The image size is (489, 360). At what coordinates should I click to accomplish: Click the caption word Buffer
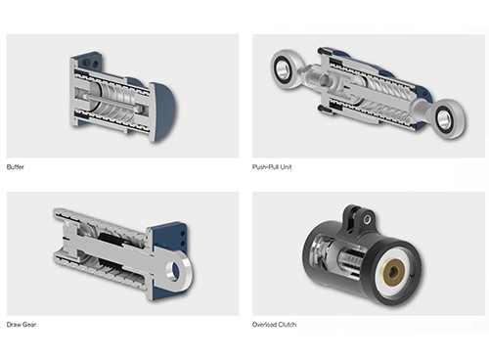click(x=15, y=167)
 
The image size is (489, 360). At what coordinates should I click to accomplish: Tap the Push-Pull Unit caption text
click(x=272, y=167)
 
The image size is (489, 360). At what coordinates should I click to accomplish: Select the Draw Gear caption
click(x=21, y=324)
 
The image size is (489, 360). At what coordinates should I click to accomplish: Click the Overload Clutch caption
click(x=275, y=324)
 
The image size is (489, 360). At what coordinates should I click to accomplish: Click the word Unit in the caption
click(x=286, y=167)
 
